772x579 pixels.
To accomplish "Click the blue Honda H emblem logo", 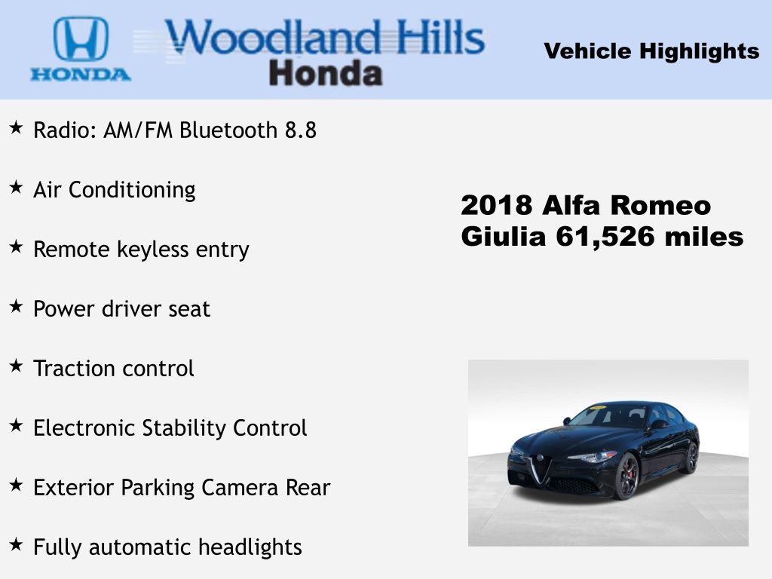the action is pyautogui.click(x=81, y=39).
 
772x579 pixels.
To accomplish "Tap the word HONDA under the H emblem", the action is pyautogui.click(x=81, y=75).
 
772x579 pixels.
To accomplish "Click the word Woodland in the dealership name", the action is pyautogui.click(x=273, y=37).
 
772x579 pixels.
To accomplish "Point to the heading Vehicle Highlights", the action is pyautogui.click(x=651, y=51).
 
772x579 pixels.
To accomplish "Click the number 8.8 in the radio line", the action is pyautogui.click(x=301, y=130).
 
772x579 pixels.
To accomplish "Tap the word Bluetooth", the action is pyautogui.click(x=228, y=130).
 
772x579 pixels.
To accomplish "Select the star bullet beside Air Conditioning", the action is pyautogui.click(x=17, y=187).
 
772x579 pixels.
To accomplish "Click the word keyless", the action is pyautogui.click(x=152, y=249).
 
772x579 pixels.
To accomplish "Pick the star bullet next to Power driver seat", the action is pyautogui.click(x=17, y=306).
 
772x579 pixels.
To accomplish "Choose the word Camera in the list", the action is pyautogui.click(x=240, y=488).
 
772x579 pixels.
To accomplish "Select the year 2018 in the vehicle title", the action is pyautogui.click(x=496, y=205).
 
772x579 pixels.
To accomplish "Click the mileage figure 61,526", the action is pyautogui.click(x=605, y=236).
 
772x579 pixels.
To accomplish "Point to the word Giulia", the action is pyautogui.click(x=504, y=236).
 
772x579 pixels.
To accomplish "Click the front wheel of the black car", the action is pyautogui.click(x=626, y=476).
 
